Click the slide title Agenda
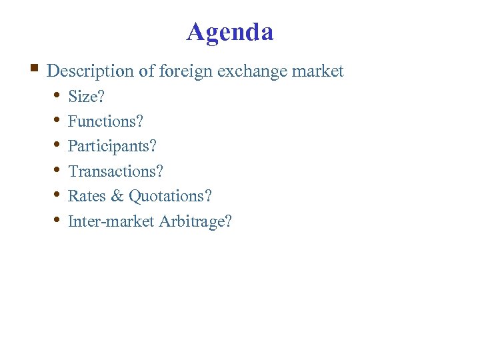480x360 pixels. (230, 31)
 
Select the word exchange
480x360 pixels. (253, 71)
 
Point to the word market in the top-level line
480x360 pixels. (321, 71)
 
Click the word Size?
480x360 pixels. (87, 97)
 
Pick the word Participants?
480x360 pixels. (113, 146)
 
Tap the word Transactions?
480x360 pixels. (116, 171)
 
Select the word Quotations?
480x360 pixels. (171, 196)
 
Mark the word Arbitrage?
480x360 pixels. (196, 221)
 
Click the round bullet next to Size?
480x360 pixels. (57, 95)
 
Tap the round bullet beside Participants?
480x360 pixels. (57, 145)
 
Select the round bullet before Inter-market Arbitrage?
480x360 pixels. (57, 219)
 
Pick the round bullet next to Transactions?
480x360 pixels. (57, 170)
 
